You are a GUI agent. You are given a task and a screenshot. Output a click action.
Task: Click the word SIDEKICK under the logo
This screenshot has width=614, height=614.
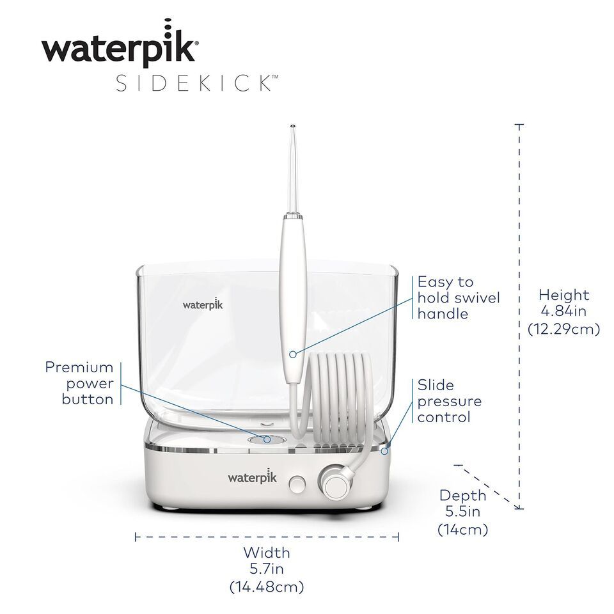click(197, 83)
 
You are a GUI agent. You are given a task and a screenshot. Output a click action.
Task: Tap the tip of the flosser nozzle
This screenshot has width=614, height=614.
click(293, 127)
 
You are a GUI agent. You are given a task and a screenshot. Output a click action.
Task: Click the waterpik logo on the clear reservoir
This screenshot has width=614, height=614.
click(203, 304)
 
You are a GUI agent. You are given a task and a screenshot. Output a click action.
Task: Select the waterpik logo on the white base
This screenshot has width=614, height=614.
click(252, 476)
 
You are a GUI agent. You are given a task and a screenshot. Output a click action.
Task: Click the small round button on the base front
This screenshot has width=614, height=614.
click(297, 484)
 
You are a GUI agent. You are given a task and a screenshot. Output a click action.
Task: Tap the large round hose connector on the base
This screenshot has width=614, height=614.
click(335, 482)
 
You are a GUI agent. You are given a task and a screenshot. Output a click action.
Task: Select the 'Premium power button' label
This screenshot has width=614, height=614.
click(79, 383)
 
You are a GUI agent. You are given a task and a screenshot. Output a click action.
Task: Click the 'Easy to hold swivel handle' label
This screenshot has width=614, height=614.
click(459, 297)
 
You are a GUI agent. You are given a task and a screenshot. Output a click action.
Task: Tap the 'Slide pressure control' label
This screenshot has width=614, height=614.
click(449, 401)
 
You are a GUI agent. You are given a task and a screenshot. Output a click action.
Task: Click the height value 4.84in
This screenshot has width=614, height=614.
click(563, 311)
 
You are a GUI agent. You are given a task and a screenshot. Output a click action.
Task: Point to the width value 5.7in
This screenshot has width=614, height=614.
click(266, 569)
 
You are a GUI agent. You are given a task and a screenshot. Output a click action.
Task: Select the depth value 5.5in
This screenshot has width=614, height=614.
click(463, 512)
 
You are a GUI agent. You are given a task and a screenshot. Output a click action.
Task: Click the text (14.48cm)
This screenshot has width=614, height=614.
click(266, 586)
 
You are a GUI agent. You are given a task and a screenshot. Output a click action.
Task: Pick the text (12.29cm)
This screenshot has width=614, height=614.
click(563, 329)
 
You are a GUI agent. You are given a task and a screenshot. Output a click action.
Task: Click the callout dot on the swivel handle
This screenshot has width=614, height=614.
click(293, 354)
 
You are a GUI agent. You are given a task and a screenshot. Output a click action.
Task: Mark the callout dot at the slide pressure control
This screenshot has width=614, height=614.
click(384, 452)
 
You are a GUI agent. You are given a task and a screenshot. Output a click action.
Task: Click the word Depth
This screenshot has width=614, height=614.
click(462, 496)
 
